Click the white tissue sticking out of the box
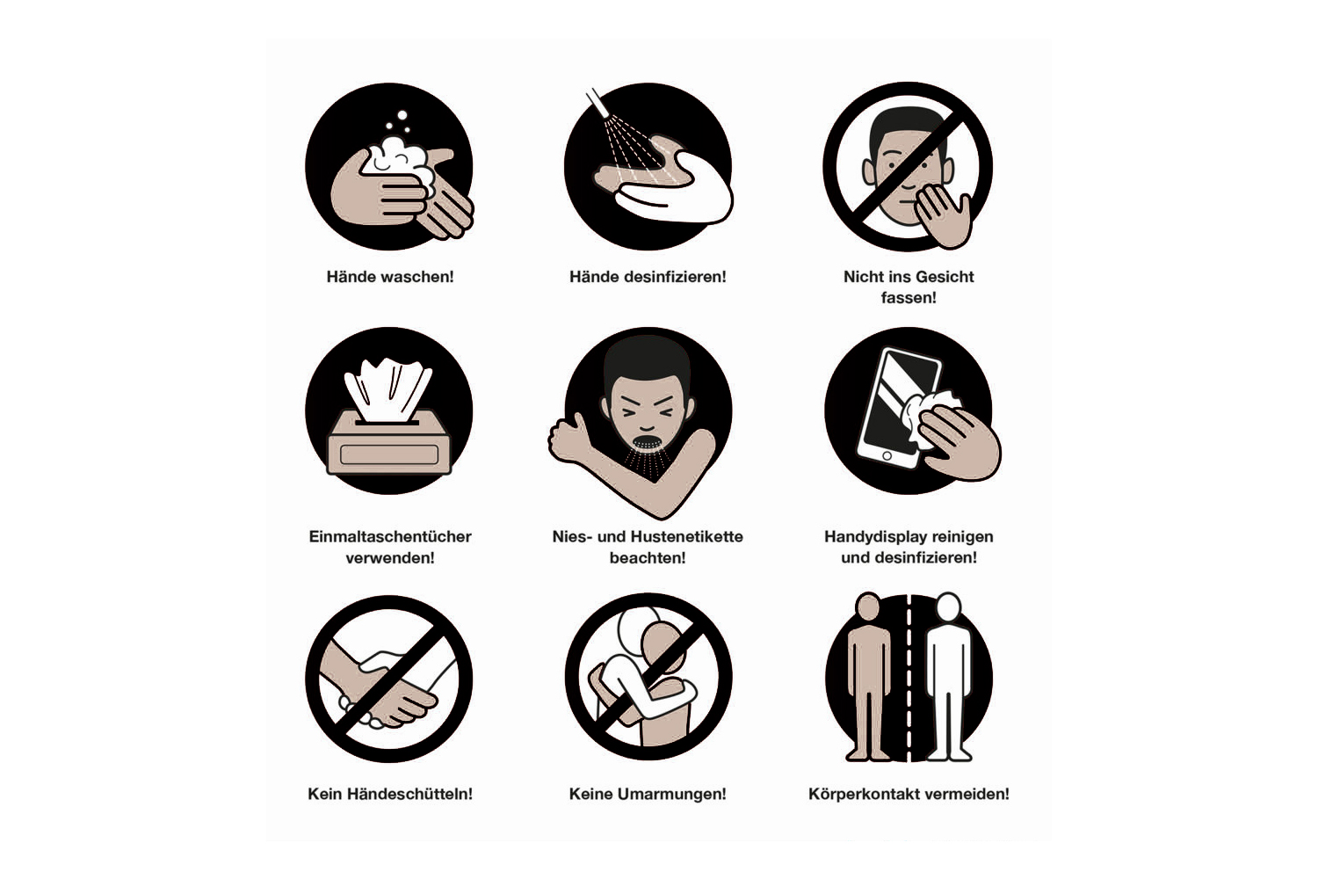(x=387, y=389)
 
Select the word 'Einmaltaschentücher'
(x=390, y=537)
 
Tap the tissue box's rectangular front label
(x=389, y=454)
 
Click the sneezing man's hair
(x=647, y=362)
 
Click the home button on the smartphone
(x=887, y=456)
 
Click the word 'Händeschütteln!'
(x=409, y=795)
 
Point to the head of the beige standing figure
(x=868, y=607)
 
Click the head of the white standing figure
(x=948, y=607)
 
